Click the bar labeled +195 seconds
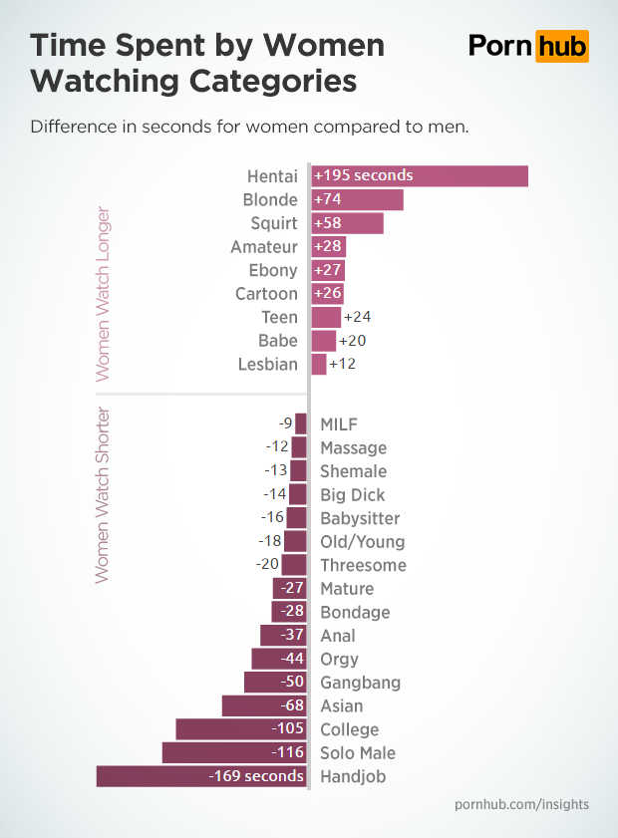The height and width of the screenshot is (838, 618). click(420, 176)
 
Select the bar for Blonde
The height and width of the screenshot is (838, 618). click(357, 199)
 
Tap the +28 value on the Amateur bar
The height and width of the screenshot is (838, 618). click(327, 246)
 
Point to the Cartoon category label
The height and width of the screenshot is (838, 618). click(266, 294)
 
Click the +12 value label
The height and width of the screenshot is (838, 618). click(343, 364)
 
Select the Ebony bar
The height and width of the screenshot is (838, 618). click(328, 270)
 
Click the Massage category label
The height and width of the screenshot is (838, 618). click(353, 448)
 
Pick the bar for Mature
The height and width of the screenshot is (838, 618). click(289, 589)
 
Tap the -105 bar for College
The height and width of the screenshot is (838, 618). click(241, 729)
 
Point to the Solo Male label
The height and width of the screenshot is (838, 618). click(358, 753)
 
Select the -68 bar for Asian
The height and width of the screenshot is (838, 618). click(264, 706)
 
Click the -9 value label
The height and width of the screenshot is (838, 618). click(285, 423)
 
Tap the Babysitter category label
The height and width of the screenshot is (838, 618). click(360, 518)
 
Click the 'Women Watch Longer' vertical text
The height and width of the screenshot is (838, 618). click(102, 295)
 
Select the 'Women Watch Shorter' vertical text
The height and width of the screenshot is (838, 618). click(102, 494)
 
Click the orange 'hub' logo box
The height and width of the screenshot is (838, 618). click(561, 46)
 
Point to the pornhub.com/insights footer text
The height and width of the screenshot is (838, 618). click(521, 804)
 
